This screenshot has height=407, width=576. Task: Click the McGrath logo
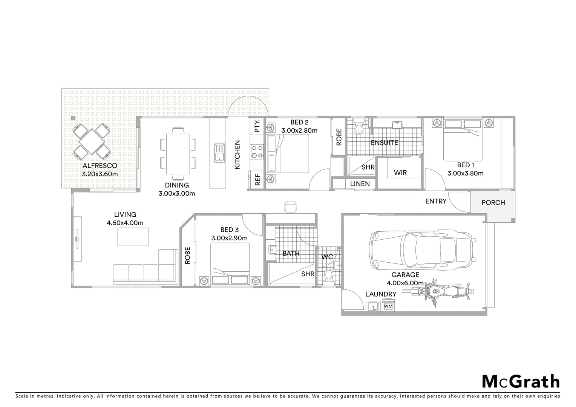coord(521,381)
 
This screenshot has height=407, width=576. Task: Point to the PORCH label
coord(493,203)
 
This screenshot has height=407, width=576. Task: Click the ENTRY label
coord(436,201)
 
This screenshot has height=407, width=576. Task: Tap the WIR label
coord(400,173)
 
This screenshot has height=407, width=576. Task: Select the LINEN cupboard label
coord(360,184)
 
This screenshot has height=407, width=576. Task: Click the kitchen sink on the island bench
coord(219,153)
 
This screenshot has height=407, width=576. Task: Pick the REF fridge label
coord(258,180)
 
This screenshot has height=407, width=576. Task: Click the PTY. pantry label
coord(257,126)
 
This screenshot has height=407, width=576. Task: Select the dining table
coord(178,154)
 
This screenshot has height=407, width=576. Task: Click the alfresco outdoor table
coord(92,141)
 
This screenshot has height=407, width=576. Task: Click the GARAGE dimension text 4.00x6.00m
coord(405,283)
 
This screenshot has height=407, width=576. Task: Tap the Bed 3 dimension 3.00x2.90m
coord(229,238)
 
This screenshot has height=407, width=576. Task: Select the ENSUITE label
coord(384,143)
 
